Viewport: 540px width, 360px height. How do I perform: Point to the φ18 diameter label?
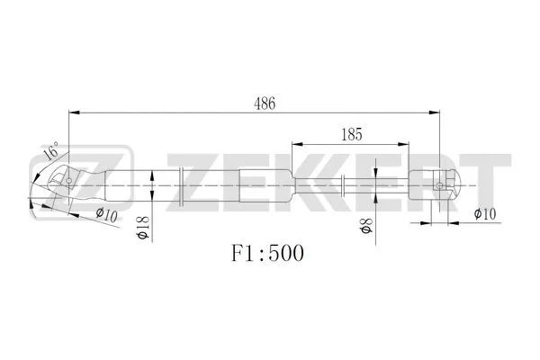pyautogui.click(x=141, y=228)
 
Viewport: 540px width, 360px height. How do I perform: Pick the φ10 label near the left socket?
pyautogui.click(x=107, y=213)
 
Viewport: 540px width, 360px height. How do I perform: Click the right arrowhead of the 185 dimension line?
pyautogui.click(x=404, y=143)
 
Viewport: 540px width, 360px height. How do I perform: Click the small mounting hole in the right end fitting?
pyautogui.click(x=438, y=186)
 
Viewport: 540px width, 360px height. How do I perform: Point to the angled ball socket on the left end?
pyautogui.click(x=59, y=184)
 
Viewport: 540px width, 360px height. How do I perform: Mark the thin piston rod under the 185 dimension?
pyautogui.click(x=369, y=186)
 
